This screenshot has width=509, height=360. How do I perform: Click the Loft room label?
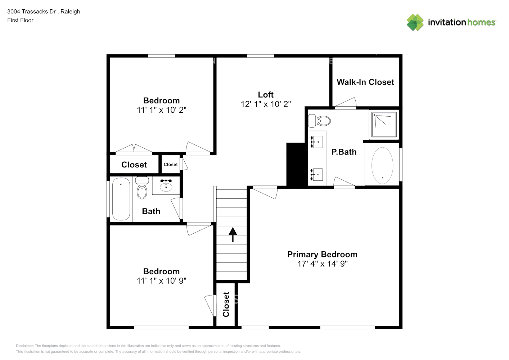(x=266, y=95)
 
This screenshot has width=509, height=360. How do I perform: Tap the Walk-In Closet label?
(x=365, y=82)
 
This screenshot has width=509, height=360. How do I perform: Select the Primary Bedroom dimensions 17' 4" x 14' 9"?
(x=322, y=264)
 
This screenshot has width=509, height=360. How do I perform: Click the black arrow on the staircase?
(x=233, y=234)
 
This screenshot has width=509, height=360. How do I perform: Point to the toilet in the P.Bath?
(x=320, y=121)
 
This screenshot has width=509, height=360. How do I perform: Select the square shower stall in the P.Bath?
(x=384, y=124)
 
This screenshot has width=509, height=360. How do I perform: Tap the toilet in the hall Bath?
(x=142, y=188)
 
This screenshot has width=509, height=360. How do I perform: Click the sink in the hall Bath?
(x=166, y=186)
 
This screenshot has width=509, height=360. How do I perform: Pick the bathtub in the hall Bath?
(x=121, y=199)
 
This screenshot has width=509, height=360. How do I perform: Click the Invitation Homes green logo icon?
(x=415, y=22)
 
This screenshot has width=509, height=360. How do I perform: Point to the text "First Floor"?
(x=20, y=20)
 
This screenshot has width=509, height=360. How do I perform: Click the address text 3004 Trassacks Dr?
(x=31, y=12)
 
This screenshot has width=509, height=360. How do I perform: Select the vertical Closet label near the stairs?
(x=226, y=304)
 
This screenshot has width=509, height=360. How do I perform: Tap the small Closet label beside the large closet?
(x=171, y=165)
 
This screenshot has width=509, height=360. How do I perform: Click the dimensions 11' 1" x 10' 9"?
(x=161, y=281)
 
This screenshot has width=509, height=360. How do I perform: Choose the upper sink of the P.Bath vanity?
(x=317, y=142)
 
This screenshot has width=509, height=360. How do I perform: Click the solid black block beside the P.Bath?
(x=296, y=165)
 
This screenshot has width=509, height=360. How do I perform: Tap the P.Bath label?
(x=344, y=152)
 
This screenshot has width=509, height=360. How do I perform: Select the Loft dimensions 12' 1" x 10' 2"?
(x=266, y=104)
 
